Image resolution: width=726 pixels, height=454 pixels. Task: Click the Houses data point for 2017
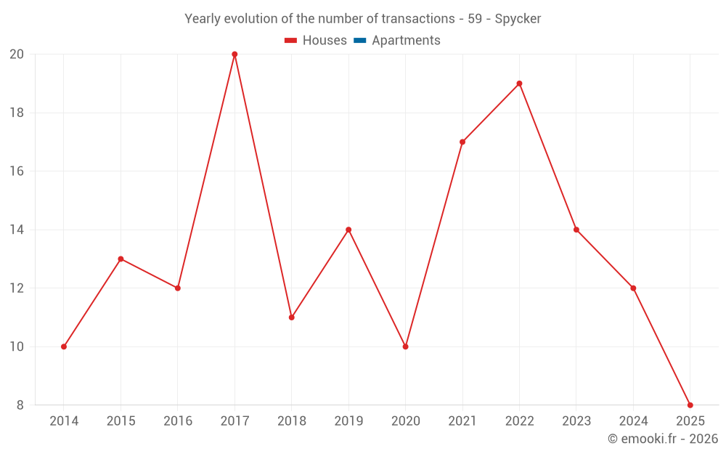click(x=234, y=54)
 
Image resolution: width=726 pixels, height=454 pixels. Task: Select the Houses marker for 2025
click(x=690, y=405)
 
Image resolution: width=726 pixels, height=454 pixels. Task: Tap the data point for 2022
click(x=519, y=84)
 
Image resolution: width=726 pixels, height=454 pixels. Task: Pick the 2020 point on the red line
click(x=405, y=346)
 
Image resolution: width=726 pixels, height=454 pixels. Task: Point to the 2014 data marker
click(x=64, y=346)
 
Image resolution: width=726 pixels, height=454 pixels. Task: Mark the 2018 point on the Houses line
click(x=291, y=317)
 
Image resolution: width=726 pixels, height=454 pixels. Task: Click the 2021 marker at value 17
click(x=462, y=142)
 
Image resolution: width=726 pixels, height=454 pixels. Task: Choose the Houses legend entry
click(x=316, y=41)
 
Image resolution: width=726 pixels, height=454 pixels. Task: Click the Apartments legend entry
click(x=405, y=41)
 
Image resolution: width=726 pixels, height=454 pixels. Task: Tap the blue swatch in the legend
click(x=360, y=41)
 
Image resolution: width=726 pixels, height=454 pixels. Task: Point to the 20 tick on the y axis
click(x=17, y=54)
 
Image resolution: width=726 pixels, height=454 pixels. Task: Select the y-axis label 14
click(x=17, y=230)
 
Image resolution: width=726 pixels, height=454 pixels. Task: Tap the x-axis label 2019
click(x=348, y=421)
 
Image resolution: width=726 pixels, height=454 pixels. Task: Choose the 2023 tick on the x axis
click(x=576, y=421)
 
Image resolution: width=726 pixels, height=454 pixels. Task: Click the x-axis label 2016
click(x=178, y=421)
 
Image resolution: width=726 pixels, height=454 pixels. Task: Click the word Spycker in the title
click(x=518, y=19)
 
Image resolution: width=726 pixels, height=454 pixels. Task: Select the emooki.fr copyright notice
click(x=662, y=439)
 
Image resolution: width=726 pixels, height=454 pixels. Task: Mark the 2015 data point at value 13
click(x=121, y=259)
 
